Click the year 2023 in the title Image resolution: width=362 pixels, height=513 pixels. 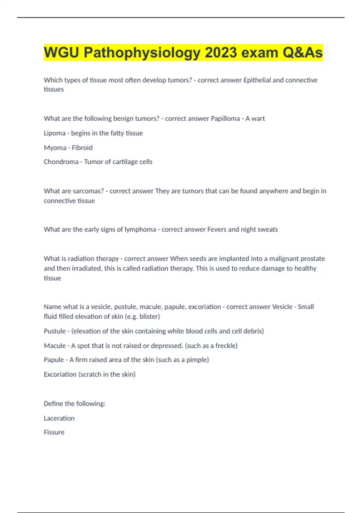click(221, 53)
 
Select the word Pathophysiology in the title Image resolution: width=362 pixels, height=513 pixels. click(142, 53)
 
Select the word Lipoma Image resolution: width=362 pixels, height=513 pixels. click(55, 133)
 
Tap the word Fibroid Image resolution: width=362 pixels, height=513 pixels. click(82, 148)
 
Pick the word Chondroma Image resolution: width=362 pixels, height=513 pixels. click(61, 162)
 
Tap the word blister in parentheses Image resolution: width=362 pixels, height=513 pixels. click(149, 317)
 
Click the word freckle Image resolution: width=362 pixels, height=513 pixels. click(226, 346)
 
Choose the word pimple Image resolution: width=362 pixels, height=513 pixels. click(197, 360)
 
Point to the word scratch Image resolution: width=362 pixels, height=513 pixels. click(91, 374)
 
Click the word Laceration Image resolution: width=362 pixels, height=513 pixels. click(59, 418)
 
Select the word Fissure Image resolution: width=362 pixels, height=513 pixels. click(54, 432)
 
